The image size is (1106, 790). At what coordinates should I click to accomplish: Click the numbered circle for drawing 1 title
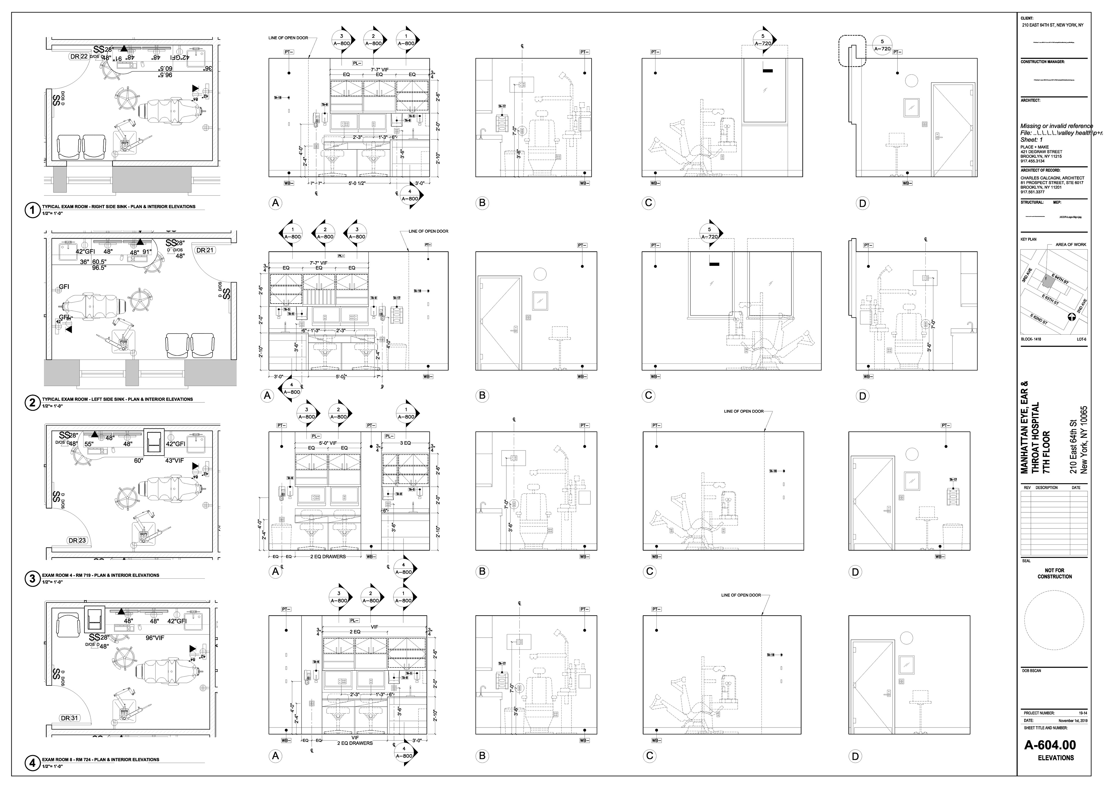[32, 210]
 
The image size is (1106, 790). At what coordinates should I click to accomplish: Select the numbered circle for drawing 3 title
[32, 579]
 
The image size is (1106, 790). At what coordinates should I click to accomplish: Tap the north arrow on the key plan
[1071, 317]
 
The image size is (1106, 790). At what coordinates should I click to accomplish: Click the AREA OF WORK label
[1071, 245]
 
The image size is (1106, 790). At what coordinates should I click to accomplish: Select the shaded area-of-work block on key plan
[1045, 280]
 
